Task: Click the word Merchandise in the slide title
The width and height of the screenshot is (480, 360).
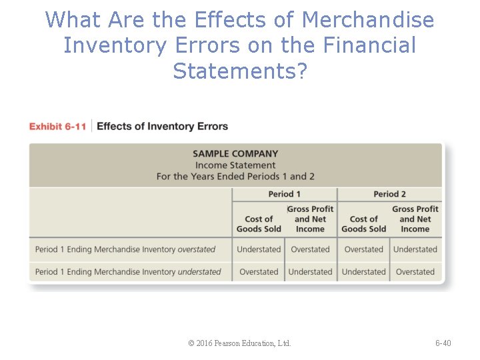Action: coord(367,20)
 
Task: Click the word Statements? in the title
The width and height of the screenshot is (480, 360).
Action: coord(240,70)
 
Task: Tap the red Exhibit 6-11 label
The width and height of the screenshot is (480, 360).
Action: coord(57,127)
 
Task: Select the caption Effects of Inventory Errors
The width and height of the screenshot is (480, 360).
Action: coord(162,127)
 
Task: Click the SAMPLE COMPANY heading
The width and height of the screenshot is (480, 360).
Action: coord(235,154)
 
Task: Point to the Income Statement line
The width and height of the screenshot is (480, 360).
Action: coord(235,165)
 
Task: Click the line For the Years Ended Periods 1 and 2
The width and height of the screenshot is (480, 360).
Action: coord(235,177)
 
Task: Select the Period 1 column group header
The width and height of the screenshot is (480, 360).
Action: coord(285,194)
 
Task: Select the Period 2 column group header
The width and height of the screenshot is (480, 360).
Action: coord(389,194)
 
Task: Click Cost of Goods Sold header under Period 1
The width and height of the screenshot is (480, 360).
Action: coord(259,224)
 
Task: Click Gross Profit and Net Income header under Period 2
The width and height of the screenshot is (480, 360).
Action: coord(415,219)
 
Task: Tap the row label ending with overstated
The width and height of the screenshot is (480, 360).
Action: coord(125,249)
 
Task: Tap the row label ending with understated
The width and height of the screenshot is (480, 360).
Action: coord(128,272)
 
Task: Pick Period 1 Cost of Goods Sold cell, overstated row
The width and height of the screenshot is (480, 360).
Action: coord(259,249)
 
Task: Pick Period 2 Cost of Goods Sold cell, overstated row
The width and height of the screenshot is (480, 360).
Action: coord(363,249)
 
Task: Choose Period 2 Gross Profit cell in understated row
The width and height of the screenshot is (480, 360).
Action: coord(415,272)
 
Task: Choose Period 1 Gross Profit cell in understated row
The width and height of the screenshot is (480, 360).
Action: coord(310,272)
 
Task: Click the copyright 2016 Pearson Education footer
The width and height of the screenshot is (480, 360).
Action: coord(239,343)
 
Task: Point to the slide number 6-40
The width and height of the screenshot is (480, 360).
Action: coord(443,343)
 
